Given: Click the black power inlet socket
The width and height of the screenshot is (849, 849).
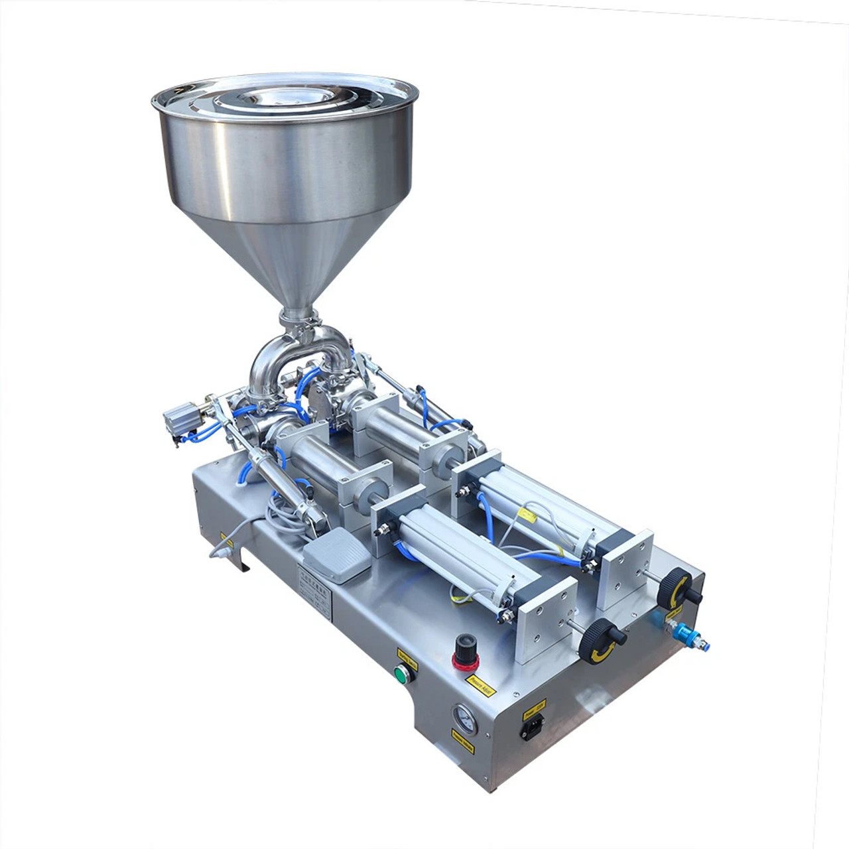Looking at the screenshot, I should click(x=532, y=728).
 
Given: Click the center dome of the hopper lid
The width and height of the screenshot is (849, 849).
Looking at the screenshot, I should click(x=279, y=98).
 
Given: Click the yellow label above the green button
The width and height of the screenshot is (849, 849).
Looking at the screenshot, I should click(x=407, y=656).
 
